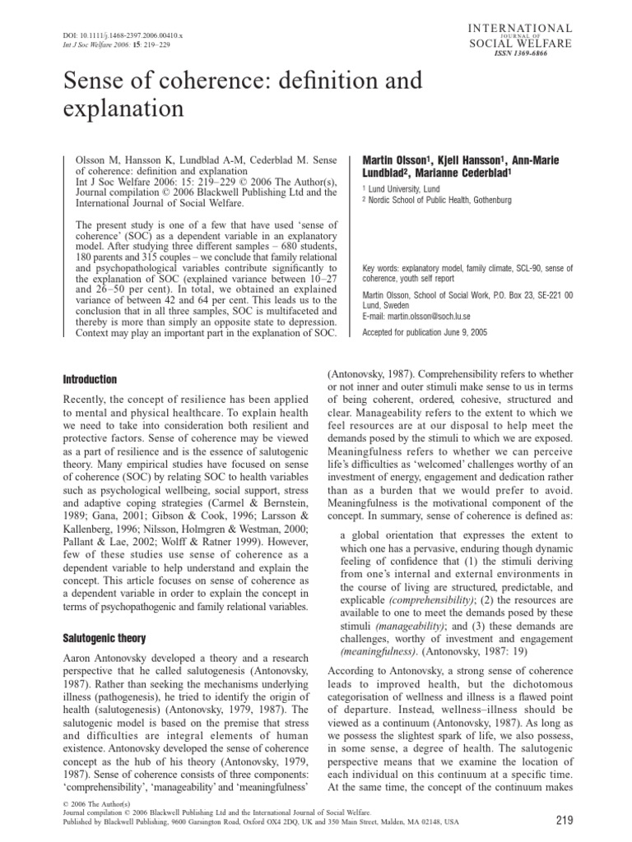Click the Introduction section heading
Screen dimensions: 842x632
coord(91,379)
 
